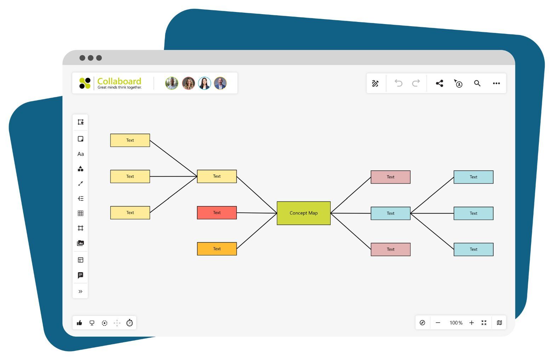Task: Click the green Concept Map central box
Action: pos(303,213)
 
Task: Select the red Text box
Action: pos(217,213)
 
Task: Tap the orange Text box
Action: pos(217,249)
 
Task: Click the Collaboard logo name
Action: pos(119,81)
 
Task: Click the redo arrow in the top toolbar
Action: pos(416,83)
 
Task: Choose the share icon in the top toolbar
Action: pos(439,83)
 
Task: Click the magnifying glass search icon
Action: pos(477,83)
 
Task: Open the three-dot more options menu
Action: pos(496,83)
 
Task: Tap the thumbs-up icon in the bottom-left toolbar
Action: pos(79,323)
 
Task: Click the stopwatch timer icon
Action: pos(130,323)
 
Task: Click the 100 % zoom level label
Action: pos(456,323)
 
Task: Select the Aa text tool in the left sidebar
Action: pos(81,154)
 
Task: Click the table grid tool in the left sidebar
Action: pos(81,213)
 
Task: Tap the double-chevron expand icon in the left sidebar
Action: pos(81,292)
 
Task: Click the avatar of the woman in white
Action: pos(204,83)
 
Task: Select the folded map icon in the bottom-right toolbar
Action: pos(499,323)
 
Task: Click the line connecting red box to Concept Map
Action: pos(257,213)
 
